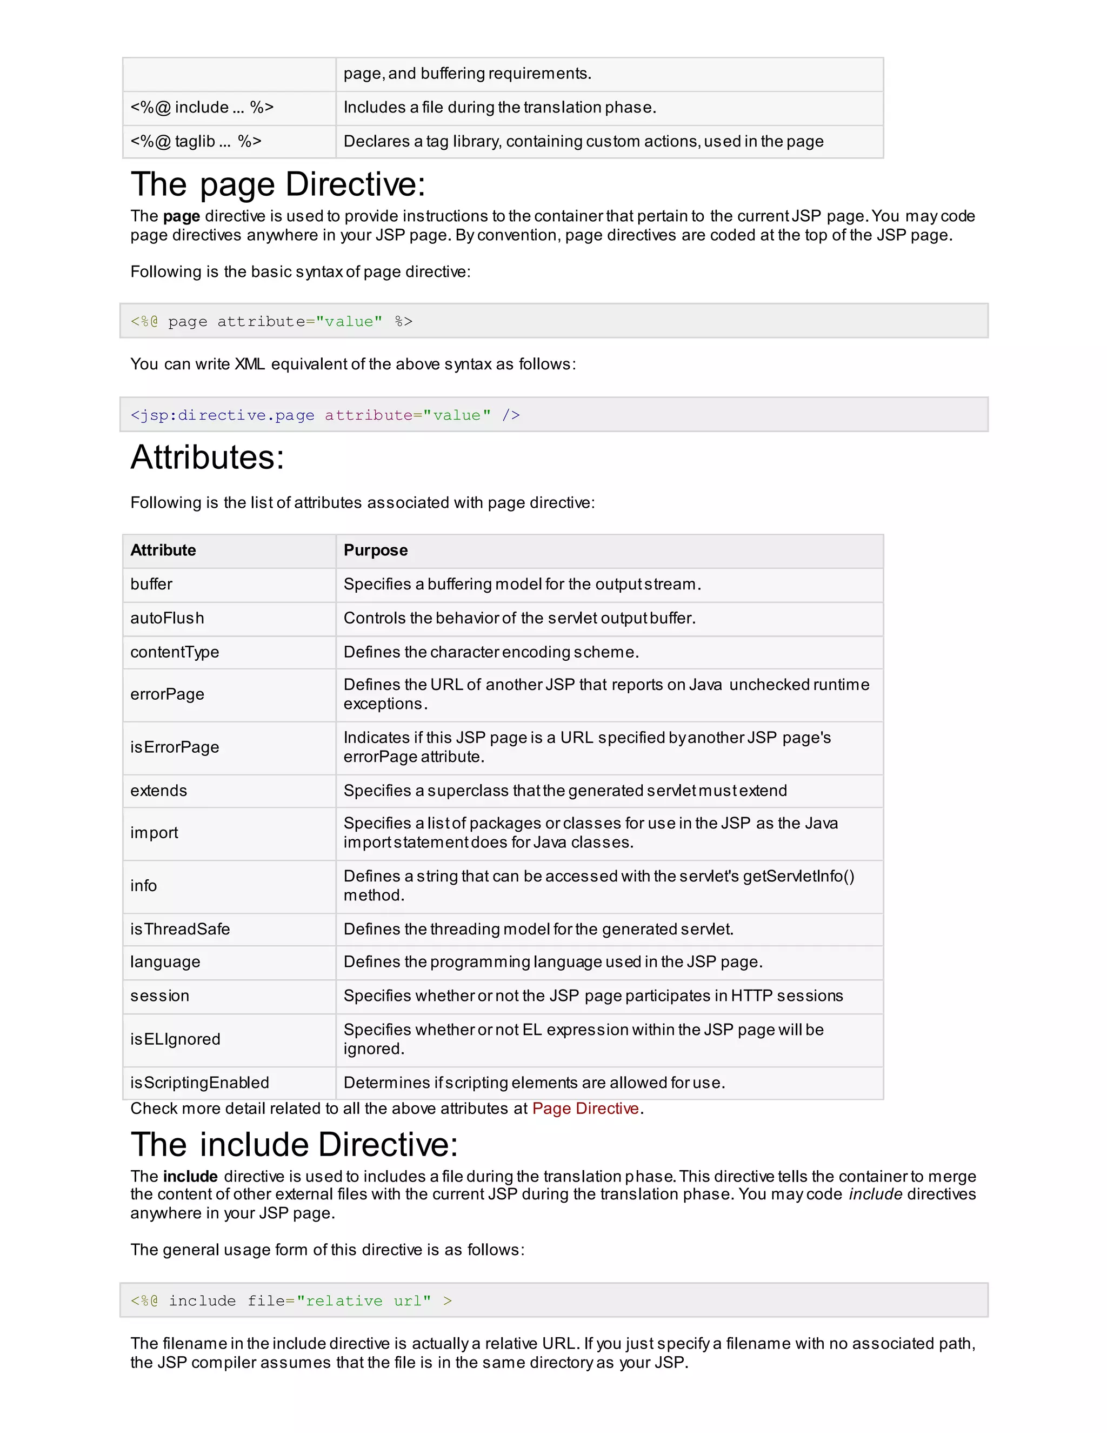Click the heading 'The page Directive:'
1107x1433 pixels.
click(x=278, y=184)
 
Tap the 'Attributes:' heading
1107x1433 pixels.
click(x=207, y=457)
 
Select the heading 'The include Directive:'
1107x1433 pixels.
click(x=294, y=1144)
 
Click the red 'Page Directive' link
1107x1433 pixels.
click(x=585, y=1108)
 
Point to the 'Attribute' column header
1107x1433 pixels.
click(x=163, y=550)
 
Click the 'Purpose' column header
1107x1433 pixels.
click(x=375, y=550)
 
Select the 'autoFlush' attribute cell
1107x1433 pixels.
click(x=167, y=618)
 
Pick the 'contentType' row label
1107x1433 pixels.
click(x=175, y=652)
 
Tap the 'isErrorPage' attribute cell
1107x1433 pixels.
click(x=175, y=747)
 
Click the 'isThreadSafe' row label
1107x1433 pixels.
click(x=179, y=929)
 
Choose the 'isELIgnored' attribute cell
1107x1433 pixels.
click(x=175, y=1039)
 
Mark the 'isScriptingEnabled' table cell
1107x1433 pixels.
click(x=199, y=1083)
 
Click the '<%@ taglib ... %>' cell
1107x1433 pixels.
click(x=196, y=141)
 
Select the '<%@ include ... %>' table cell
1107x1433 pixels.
click(x=201, y=107)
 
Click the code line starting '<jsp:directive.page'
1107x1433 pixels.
click(x=325, y=415)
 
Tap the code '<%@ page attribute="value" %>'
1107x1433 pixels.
click(x=271, y=322)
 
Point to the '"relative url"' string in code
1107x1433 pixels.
click(x=363, y=1301)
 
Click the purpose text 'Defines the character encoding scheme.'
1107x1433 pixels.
click(x=491, y=652)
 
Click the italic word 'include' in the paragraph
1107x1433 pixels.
click(x=876, y=1194)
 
